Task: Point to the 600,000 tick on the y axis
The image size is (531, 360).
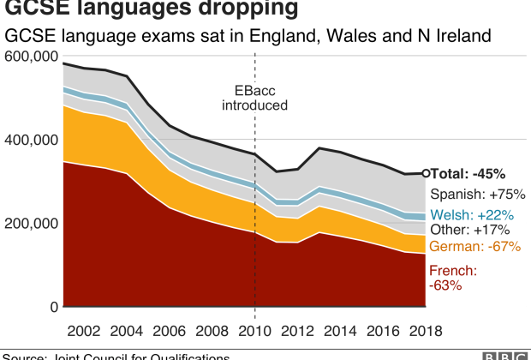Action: tap(31, 57)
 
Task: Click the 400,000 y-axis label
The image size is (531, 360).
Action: tap(31, 140)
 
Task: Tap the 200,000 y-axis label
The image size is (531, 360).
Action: tap(31, 224)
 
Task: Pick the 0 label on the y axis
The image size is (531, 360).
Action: tap(53, 307)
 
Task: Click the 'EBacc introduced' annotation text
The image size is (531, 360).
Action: tap(254, 98)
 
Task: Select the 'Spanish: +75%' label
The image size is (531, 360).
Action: tap(477, 194)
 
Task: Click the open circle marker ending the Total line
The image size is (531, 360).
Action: tap(427, 173)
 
